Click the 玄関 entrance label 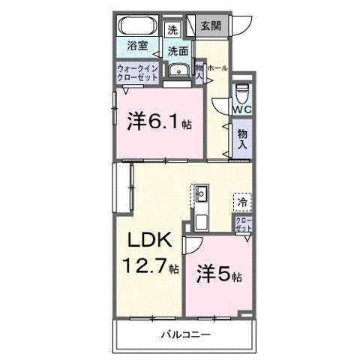[x=211, y=26]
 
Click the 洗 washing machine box [x=173, y=31]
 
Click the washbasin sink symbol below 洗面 [x=178, y=72]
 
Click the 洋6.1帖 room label [x=158, y=121]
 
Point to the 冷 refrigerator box [x=241, y=201]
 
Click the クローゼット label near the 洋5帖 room [x=243, y=224]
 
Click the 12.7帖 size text [x=151, y=265]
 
